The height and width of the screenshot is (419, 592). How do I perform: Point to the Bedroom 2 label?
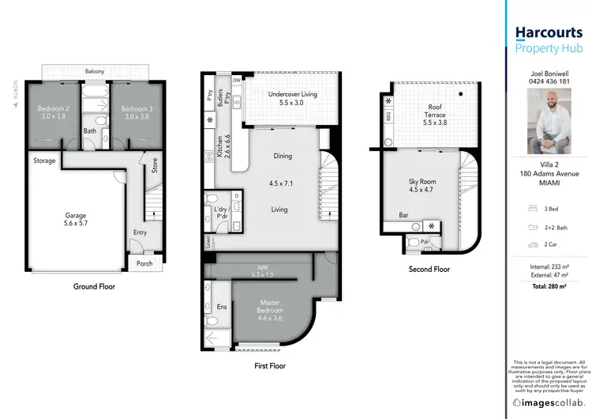54,111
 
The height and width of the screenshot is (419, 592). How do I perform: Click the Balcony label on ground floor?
95,72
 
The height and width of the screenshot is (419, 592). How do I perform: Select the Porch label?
144,263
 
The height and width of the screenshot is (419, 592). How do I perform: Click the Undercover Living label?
293,98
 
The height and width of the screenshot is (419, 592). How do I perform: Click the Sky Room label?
422,185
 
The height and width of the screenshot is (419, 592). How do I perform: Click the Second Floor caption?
429,269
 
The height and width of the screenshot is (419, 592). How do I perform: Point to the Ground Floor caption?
95,286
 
